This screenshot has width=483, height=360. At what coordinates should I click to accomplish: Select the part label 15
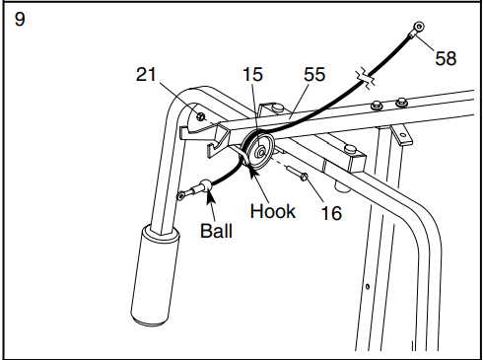[253, 73]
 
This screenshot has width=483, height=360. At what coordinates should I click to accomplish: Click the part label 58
[445, 58]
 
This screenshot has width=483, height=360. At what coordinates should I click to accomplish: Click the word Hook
[272, 210]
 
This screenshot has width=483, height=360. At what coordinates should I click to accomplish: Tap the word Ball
[217, 234]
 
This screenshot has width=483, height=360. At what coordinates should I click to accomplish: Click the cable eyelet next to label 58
[420, 28]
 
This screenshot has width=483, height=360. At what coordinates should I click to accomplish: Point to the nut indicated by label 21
[201, 116]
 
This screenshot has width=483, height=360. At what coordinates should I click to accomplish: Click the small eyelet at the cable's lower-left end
[182, 196]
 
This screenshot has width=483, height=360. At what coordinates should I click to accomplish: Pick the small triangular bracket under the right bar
[403, 132]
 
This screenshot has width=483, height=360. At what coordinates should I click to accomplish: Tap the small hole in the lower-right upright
[368, 287]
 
